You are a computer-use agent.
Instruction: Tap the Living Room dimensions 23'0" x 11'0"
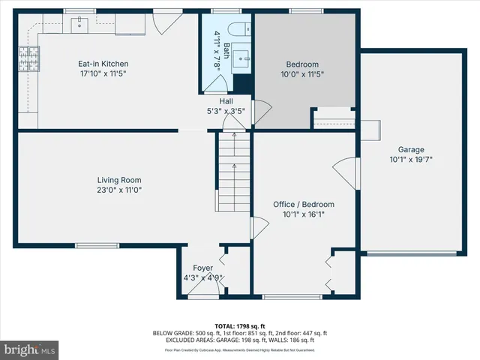tap(119, 190)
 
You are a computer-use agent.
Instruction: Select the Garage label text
tap(411, 148)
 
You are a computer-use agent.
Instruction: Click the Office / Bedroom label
tap(303, 204)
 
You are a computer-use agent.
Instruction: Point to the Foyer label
tap(202, 268)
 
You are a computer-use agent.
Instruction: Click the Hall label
tap(226, 101)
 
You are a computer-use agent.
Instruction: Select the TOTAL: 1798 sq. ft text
tap(240, 326)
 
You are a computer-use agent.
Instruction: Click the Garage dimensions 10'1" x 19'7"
tap(411, 159)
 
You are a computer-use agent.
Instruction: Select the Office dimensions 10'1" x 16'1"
tap(303, 214)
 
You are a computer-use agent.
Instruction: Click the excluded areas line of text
tap(240, 340)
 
